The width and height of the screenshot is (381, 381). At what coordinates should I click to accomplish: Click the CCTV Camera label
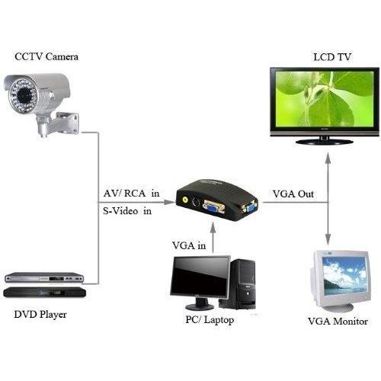click(x=46, y=56)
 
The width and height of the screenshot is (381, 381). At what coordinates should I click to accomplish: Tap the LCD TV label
click(x=332, y=57)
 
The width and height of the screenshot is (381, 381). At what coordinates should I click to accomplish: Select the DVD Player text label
click(x=40, y=315)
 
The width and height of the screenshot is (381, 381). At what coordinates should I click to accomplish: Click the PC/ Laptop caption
click(x=210, y=320)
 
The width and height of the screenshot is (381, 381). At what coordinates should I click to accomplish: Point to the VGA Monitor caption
click(x=338, y=322)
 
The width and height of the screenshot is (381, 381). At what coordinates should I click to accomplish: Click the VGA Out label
click(x=293, y=194)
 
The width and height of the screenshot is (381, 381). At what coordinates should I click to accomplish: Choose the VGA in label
click(x=189, y=245)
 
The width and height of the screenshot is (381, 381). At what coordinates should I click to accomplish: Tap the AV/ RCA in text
click(x=131, y=194)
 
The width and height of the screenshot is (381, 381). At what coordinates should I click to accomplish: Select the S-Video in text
click(x=127, y=211)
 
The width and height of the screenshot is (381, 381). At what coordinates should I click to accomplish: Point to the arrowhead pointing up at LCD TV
click(x=328, y=158)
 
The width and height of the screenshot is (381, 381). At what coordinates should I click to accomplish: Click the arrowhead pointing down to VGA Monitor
click(x=328, y=239)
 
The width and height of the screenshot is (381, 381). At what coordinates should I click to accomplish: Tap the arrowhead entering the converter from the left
click(x=169, y=202)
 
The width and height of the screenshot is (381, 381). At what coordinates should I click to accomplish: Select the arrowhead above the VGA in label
click(x=213, y=229)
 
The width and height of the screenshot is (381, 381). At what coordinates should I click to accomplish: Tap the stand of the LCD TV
click(x=325, y=141)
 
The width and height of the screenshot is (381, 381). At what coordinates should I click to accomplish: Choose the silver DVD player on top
click(x=44, y=277)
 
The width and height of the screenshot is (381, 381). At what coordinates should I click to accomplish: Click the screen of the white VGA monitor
click(x=344, y=276)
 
